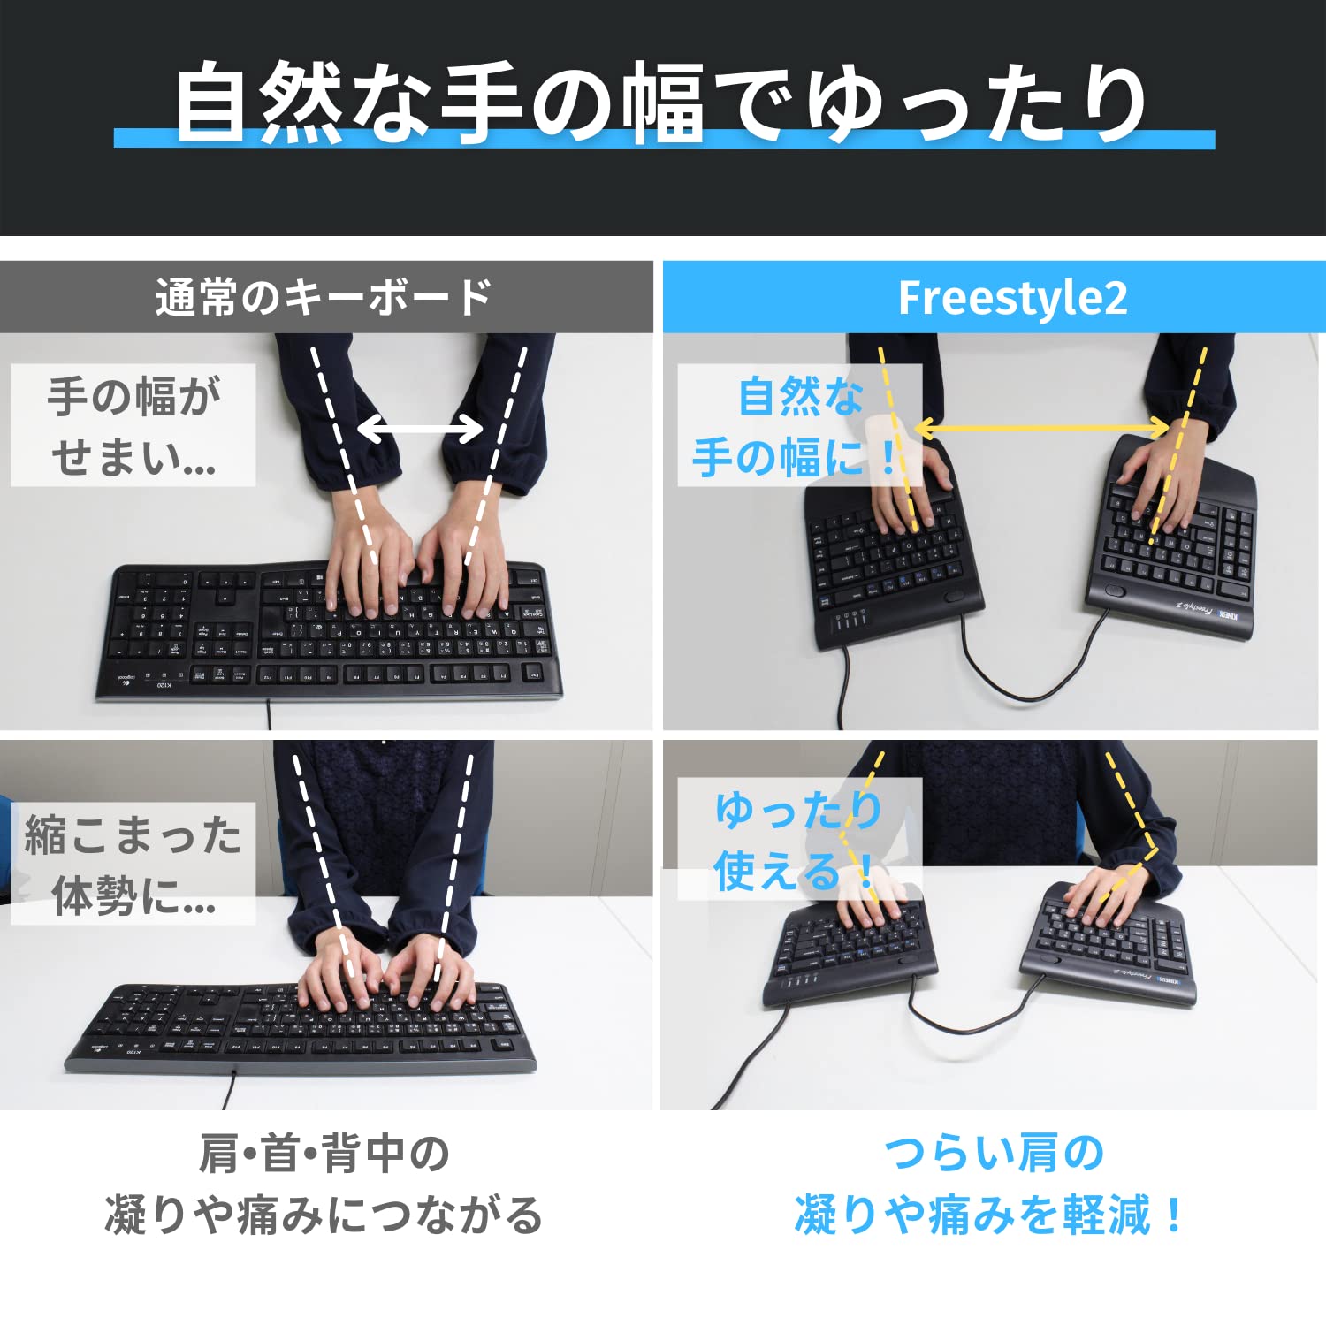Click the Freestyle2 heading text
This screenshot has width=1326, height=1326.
point(1012,298)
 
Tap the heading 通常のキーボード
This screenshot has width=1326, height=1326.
point(324,298)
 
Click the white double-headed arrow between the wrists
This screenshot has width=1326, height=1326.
point(421,430)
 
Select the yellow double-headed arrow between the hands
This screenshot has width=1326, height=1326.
point(1043,429)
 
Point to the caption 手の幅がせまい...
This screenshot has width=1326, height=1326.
point(133,425)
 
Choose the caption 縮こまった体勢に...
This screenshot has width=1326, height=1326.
point(133,864)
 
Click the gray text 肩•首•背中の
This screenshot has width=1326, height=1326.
point(324,1154)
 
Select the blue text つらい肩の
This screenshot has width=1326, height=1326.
point(994,1154)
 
